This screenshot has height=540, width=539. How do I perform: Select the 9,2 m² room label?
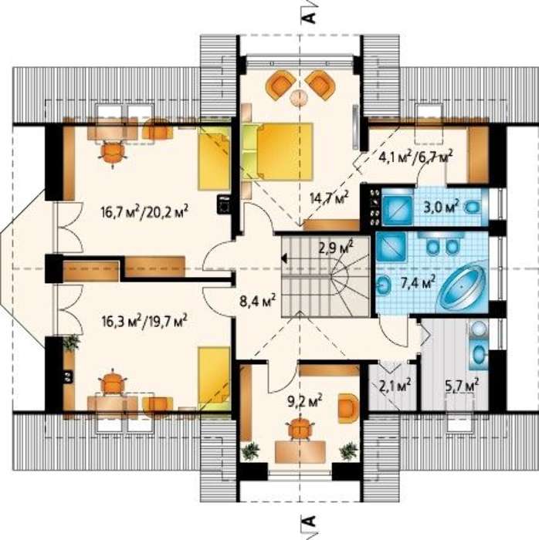click(305, 400)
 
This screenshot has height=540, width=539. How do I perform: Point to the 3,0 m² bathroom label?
click(442, 206)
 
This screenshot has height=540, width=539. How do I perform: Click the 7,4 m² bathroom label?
click(417, 282)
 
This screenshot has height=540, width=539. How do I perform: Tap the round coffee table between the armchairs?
click(299, 97)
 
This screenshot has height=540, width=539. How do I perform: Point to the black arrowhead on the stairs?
click(284, 258)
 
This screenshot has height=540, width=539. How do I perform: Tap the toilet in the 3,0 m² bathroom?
click(472, 207)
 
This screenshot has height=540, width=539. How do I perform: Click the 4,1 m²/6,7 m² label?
click(415, 157)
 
